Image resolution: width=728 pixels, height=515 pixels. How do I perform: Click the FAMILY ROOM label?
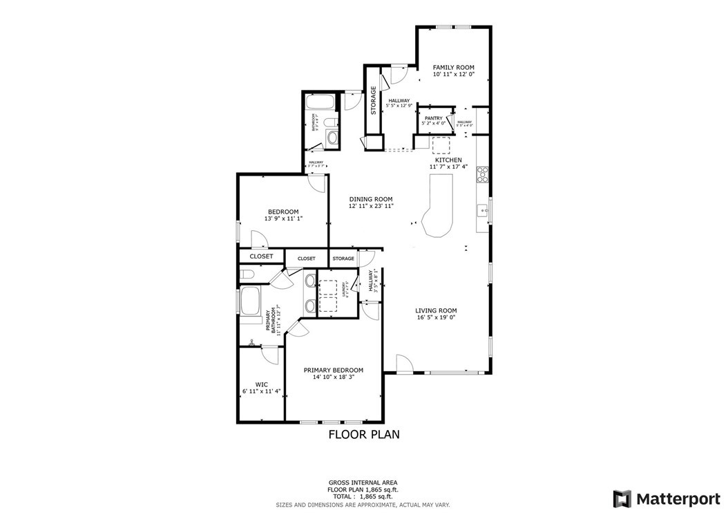[x=454, y=67]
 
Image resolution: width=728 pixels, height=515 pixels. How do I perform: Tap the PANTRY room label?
[x=433, y=118]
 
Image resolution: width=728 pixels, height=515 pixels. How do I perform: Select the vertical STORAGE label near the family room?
[x=374, y=100]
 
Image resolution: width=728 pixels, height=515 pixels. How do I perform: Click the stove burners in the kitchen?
[x=483, y=174]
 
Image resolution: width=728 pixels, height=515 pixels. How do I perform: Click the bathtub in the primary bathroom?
[x=249, y=307]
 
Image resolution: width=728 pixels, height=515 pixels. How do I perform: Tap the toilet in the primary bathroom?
[x=248, y=276]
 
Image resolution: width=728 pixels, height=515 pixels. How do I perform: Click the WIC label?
[x=261, y=384]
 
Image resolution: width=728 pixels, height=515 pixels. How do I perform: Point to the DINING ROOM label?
[x=371, y=199]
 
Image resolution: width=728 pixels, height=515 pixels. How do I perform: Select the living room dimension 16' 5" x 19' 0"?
[x=436, y=319]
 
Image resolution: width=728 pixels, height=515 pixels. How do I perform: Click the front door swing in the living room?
[x=404, y=363]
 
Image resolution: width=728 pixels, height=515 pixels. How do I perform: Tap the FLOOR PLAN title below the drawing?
[x=363, y=435]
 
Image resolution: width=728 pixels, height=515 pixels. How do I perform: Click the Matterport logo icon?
[x=622, y=498]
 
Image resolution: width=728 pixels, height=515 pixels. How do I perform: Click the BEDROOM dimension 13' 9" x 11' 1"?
[x=283, y=218]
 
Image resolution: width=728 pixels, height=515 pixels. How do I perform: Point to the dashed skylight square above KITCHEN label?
[x=440, y=144]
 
